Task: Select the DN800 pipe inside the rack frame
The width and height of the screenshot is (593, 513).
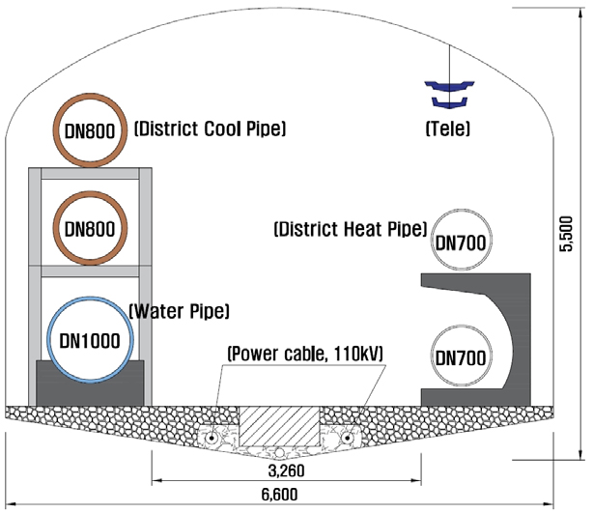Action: coord(90,195)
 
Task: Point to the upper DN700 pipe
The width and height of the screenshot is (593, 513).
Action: coord(462,212)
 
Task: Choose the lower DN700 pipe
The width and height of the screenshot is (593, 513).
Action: coord(462,328)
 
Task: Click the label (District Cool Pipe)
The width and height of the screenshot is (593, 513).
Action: coord(211,128)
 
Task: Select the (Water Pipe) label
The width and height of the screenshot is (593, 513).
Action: coord(180,311)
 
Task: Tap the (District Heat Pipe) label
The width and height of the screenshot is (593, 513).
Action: coord(351,229)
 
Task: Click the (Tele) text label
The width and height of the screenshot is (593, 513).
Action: coord(448,128)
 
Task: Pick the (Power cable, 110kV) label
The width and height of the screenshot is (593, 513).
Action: coord(305,354)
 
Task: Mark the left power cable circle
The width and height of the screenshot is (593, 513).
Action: coord(212,438)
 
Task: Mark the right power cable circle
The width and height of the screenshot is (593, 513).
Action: coord(347,438)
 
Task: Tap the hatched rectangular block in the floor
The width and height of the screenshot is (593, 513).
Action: coord(279,426)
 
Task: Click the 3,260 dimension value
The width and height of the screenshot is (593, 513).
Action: coord(286,470)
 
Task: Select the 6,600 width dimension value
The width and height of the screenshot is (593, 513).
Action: coord(279,495)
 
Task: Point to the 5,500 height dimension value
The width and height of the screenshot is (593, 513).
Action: coord(566,234)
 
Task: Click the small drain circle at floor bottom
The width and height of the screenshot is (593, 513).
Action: coord(279,452)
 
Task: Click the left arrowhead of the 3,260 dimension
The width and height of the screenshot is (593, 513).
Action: coord(156,480)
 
